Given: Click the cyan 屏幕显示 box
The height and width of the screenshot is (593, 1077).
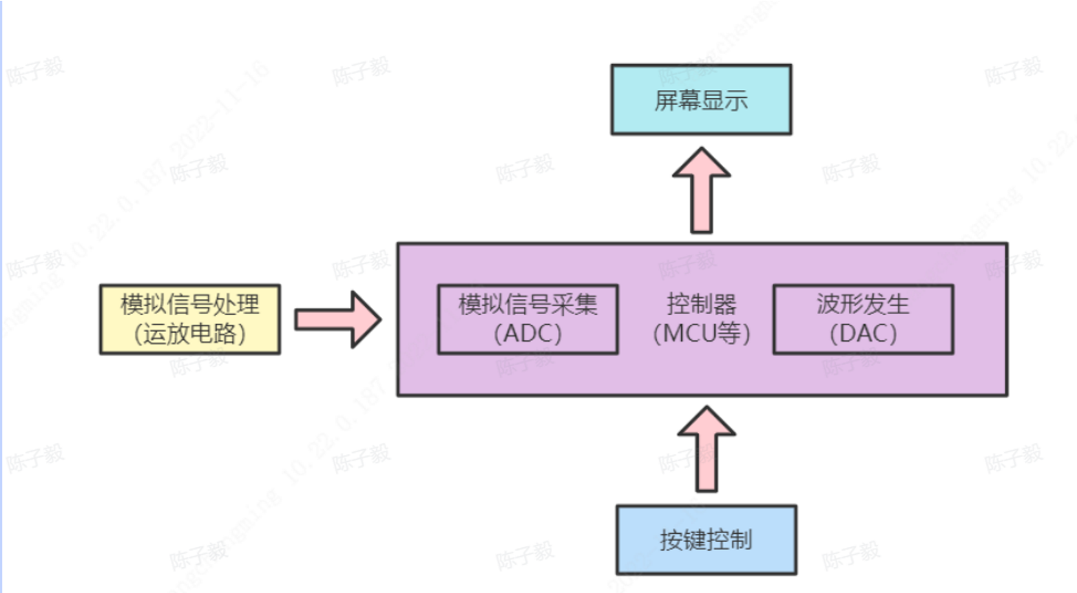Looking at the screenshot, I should click(701, 99).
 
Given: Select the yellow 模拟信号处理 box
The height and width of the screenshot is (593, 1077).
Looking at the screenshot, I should click(189, 319).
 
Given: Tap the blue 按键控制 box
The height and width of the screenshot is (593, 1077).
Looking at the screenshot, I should click(706, 539).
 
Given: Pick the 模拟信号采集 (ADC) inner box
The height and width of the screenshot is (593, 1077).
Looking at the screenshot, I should click(528, 319).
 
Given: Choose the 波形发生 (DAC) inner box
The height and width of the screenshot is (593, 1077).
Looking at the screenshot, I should click(862, 319).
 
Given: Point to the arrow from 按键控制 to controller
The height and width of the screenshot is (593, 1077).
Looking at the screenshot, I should click(706, 450).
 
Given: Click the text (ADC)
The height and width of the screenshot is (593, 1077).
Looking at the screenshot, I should click(528, 334).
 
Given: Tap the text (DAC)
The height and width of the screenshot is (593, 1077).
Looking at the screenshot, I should click(862, 334).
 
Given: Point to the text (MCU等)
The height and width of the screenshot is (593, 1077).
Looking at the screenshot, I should click(701, 334).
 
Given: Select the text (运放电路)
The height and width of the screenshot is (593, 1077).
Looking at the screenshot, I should click(189, 334).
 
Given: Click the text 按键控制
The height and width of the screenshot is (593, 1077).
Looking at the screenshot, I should click(706, 540).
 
